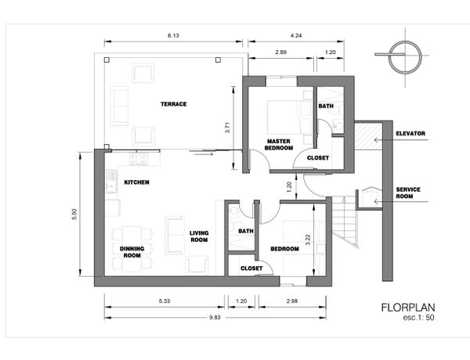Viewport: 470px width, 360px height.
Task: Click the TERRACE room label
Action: [174, 104]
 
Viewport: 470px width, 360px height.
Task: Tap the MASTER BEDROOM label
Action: [279, 144]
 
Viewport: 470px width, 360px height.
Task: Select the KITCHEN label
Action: [136, 182]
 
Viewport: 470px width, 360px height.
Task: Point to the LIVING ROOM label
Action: [199, 236]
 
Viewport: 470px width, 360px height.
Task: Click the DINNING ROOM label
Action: [132, 252]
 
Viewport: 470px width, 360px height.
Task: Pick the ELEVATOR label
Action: [410, 134]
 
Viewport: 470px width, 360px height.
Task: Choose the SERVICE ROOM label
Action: [408, 193]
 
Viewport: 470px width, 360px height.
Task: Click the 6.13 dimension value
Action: [173, 36]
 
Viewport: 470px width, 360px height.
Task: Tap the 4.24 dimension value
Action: [296, 36]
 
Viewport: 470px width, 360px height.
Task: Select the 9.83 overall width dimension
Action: [215, 318]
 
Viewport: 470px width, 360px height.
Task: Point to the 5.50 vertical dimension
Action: [74, 214]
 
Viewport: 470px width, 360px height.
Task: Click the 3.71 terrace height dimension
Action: [228, 128]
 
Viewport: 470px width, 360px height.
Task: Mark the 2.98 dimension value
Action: [292, 301]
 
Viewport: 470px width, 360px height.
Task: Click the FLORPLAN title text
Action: [408, 308]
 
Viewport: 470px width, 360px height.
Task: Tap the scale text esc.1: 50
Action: [418, 318]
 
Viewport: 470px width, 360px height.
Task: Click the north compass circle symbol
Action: [405, 57]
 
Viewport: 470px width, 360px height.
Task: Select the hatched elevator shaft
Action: [368, 137]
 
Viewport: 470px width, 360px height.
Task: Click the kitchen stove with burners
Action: [139, 159]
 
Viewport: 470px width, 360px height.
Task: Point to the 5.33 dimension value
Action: [164, 301]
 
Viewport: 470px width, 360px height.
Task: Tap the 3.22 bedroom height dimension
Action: [308, 240]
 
